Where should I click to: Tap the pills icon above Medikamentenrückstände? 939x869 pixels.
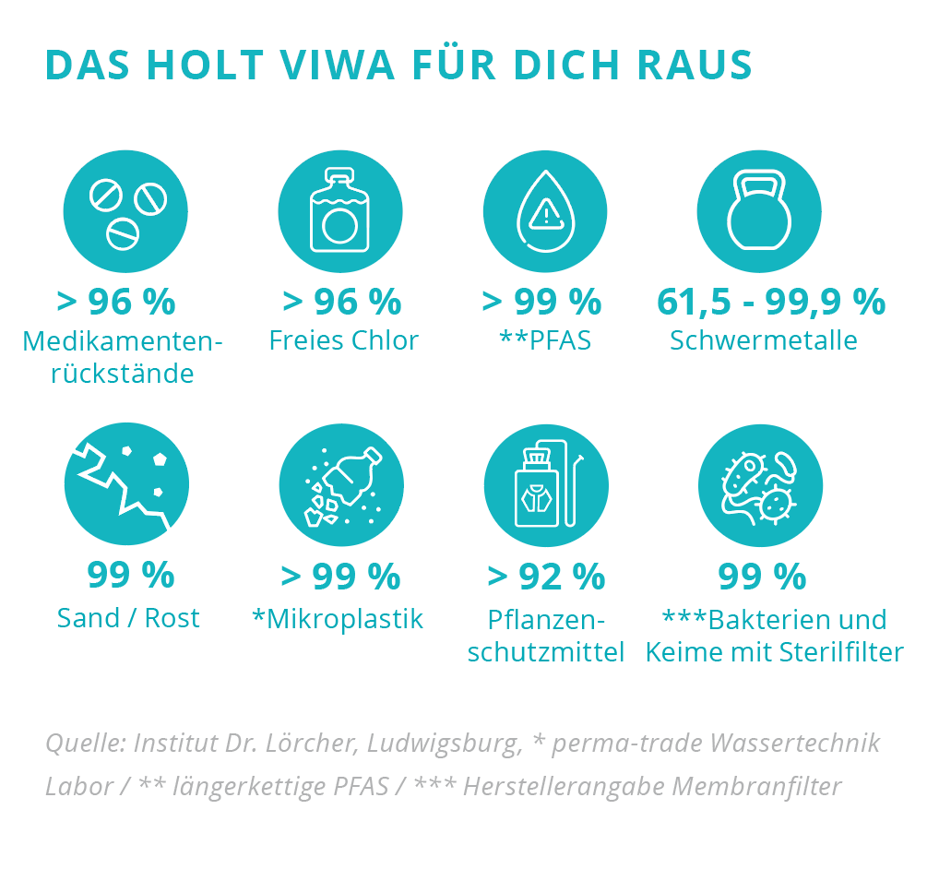pyautogui.click(x=125, y=212)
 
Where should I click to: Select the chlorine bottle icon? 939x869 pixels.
pyautogui.click(x=340, y=212)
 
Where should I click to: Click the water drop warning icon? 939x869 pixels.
pyautogui.click(x=545, y=212)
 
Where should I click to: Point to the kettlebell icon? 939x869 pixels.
pyautogui.click(x=759, y=212)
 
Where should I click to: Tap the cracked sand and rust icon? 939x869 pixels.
pyautogui.click(x=126, y=485)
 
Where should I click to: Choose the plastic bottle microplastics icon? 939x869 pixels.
pyautogui.click(x=341, y=485)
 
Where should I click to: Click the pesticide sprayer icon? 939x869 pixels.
pyautogui.click(x=546, y=485)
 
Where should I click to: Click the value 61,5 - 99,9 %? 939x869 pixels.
pyautogui.click(x=771, y=302)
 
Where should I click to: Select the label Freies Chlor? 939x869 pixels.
pyautogui.click(x=343, y=340)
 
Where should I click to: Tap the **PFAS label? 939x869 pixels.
pyautogui.click(x=545, y=340)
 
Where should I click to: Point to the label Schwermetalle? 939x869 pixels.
pyautogui.click(x=764, y=340)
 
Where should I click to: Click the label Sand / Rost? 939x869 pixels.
pyautogui.click(x=128, y=618)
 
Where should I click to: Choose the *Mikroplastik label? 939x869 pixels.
pyautogui.click(x=338, y=619)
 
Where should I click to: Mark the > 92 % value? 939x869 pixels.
pyautogui.click(x=546, y=577)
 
